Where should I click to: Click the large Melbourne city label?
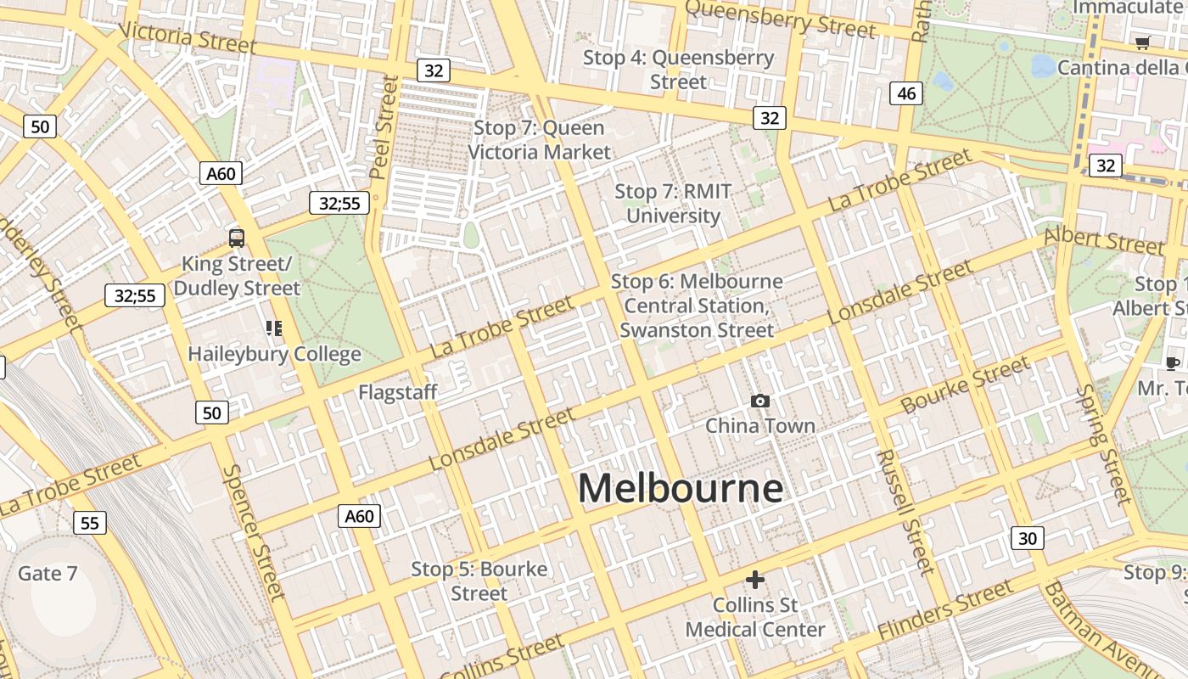[x=680, y=489]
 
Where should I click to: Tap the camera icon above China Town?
[x=760, y=401]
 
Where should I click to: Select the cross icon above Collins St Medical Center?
[x=754, y=580]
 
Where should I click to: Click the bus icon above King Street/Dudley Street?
[x=237, y=238]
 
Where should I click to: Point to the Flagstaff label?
[x=397, y=392]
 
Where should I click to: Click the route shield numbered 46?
[x=906, y=93]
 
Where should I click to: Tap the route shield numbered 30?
[x=1027, y=538]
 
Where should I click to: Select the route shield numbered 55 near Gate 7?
[x=90, y=523]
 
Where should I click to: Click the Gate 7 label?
[x=48, y=574]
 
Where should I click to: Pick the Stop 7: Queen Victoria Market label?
[x=539, y=140]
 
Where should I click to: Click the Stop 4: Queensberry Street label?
[x=678, y=70]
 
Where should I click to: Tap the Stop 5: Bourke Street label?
[x=479, y=581]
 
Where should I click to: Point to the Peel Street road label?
[x=384, y=127]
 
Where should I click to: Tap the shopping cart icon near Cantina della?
[x=1143, y=42]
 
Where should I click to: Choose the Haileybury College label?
[x=274, y=354]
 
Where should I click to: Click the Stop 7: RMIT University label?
[x=673, y=204]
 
